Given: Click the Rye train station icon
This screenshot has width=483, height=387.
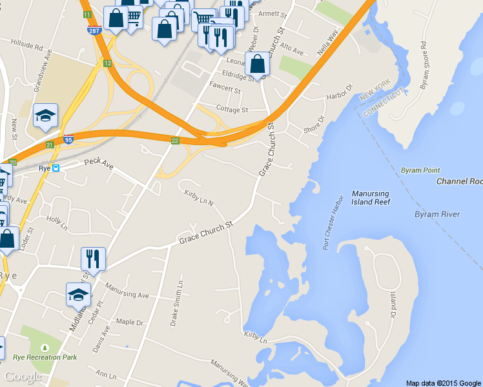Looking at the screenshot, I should point(56,168).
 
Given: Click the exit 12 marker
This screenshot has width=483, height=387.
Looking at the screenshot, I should point(107,63).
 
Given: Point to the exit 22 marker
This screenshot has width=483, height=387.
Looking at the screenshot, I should point(175,140).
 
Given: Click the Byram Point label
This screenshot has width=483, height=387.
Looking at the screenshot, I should point(420,170).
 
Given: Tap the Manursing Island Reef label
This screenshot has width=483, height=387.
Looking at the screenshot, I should point(371,198).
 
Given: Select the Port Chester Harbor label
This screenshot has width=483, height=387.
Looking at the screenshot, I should point(334,223).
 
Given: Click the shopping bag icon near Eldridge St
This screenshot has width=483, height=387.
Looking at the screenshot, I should point(257,64).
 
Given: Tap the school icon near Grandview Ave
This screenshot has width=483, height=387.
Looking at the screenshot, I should point(45,115).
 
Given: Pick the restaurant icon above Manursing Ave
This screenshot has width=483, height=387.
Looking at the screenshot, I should point(93,259).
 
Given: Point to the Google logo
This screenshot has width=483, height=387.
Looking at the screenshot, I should point(23,377).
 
